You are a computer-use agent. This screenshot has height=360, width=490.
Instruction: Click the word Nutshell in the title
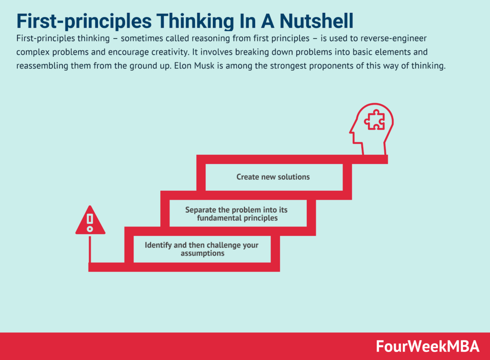point(316,21)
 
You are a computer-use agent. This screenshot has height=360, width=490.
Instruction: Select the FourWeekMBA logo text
point(427,346)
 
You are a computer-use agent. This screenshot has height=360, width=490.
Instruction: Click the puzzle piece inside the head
point(374,120)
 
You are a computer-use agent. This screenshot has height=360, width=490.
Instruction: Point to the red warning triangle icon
point(90,220)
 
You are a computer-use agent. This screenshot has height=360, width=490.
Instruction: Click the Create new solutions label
point(273,177)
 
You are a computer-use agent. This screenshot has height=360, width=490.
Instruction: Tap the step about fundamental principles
point(236,214)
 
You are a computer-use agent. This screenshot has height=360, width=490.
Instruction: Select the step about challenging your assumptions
point(201,249)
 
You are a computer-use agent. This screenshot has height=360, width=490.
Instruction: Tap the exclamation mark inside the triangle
point(90,223)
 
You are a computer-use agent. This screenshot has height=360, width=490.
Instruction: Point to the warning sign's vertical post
point(90,250)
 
